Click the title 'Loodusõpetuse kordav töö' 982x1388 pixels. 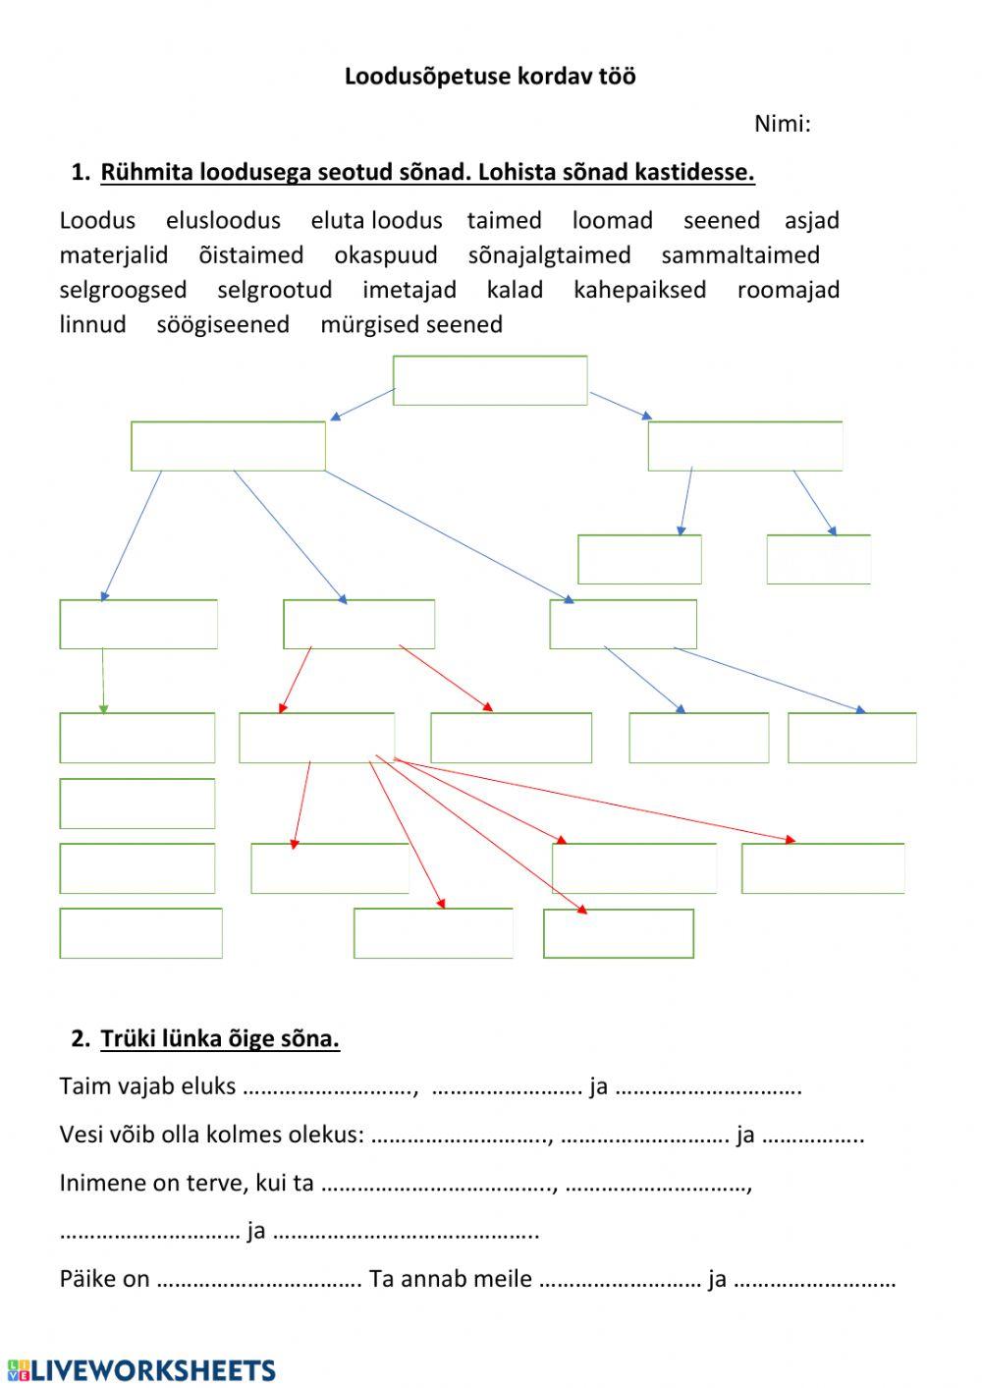(490, 77)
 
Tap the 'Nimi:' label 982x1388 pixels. (782, 124)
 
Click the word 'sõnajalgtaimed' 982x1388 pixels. (549, 255)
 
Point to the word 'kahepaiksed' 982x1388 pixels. (639, 290)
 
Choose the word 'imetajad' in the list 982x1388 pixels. (409, 290)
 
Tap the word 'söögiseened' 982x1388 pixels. (223, 325)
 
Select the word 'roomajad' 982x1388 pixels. (789, 290)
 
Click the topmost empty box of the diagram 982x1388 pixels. (490, 380)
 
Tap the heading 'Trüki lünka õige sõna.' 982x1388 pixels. (220, 1038)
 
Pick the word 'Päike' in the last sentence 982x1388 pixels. (86, 1279)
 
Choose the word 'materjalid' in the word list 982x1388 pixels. (114, 255)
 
